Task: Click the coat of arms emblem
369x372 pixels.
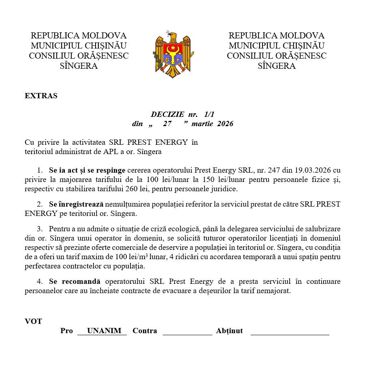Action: point(173,54)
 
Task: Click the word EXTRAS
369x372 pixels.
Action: point(41,96)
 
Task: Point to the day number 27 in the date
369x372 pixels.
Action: point(167,124)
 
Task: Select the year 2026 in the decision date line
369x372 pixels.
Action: point(225,124)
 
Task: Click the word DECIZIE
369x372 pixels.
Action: point(167,114)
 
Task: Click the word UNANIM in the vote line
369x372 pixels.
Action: point(104,331)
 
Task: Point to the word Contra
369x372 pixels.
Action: point(145,331)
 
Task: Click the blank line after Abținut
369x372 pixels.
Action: point(290,333)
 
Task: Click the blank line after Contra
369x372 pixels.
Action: point(187,333)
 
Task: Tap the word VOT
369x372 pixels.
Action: point(33,321)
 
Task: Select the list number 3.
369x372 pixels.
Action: point(39,229)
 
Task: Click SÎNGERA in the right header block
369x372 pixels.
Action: point(276,66)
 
